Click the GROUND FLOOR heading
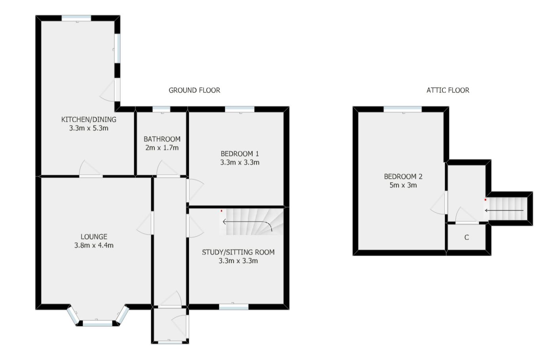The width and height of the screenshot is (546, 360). pyautogui.click(x=194, y=90)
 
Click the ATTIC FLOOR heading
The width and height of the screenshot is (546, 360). pyautogui.click(x=447, y=90)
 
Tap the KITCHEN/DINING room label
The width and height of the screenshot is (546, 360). pyautogui.click(x=89, y=119)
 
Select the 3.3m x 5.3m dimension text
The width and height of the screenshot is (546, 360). pyautogui.click(x=89, y=128)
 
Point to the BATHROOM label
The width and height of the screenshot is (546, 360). pyautogui.click(x=162, y=139)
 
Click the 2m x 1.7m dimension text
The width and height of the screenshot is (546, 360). pyautogui.click(x=162, y=148)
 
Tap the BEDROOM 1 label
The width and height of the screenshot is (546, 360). pyautogui.click(x=240, y=154)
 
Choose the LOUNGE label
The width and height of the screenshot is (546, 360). pyautogui.click(x=94, y=237)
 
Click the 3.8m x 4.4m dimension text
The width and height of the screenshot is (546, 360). pyautogui.click(x=94, y=246)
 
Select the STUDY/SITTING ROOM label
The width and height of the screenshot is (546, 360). pyautogui.click(x=238, y=252)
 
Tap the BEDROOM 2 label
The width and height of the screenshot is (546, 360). pyautogui.click(x=403, y=177)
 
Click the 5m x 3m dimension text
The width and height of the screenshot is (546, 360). pyautogui.click(x=403, y=185)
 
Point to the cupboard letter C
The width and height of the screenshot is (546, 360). pyautogui.click(x=466, y=238)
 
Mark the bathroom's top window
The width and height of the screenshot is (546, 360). pyautogui.click(x=161, y=109)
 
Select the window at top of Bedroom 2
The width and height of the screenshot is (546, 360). pyautogui.click(x=403, y=109)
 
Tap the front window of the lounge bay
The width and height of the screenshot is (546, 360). pyautogui.click(x=97, y=323)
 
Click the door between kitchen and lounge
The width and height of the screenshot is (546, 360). pyautogui.click(x=91, y=175)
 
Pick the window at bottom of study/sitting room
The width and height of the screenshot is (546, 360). pyautogui.click(x=234, y=307)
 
